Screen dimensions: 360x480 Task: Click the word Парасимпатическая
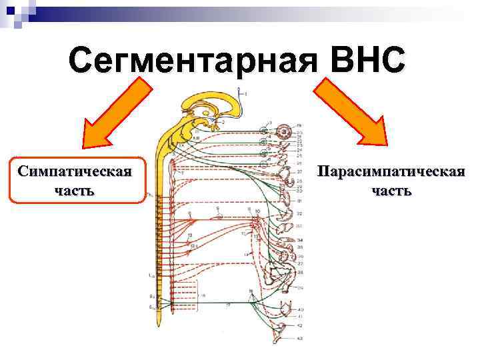coord(391,172)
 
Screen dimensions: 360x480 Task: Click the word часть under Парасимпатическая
coord(391,191)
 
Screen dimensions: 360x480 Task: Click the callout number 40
coord(300,310)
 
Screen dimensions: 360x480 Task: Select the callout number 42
coord(300,325)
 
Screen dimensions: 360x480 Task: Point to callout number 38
coord(300,272)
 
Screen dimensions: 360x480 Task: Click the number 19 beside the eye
coord(299,125)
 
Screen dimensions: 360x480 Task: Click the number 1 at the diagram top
coord(245,94)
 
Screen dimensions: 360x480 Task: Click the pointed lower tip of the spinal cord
coord(160,327)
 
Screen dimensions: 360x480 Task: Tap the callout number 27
coord(300,172)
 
